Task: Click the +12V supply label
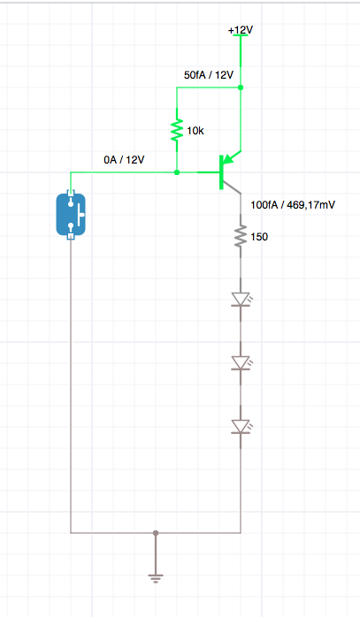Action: (241, 30)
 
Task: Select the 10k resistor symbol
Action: (177, 130)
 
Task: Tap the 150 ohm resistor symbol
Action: (241, 236)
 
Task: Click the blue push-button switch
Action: (71, 215)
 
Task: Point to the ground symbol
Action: (156, 578)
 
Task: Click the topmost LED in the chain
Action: (241, 299)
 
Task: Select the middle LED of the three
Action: (241, 362)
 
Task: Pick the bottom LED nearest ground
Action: (241, 426)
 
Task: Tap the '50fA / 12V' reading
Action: (209, 75)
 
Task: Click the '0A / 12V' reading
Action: (124, 160)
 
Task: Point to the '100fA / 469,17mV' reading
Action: (293, 204)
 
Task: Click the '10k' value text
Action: (195, 131)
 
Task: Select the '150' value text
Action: (259, 237)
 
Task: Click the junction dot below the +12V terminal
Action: (241, 88)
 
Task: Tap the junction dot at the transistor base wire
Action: (177, 172)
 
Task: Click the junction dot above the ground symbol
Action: (156, 533)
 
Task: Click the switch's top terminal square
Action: (71, 193)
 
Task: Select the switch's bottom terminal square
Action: (71, 236)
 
